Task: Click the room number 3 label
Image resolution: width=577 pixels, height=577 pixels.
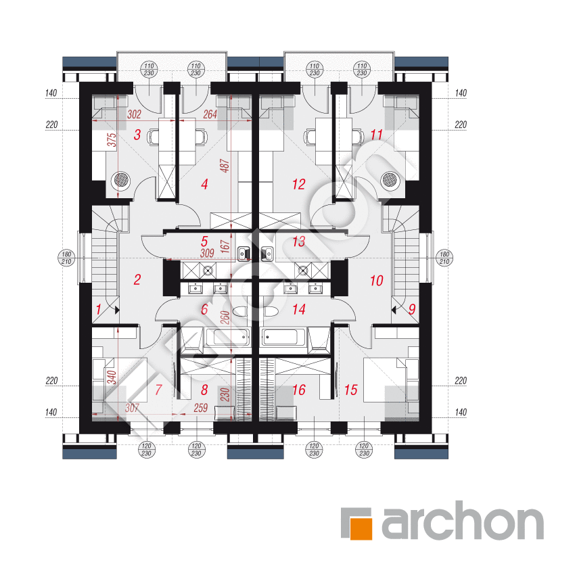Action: (137, 135)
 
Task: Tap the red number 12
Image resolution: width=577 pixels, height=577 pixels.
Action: (299, 184)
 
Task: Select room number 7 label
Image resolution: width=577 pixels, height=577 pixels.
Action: (158, 390)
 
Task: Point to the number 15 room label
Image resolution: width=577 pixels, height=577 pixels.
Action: (350, 390)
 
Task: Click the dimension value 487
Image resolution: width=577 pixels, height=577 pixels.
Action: (225, 166)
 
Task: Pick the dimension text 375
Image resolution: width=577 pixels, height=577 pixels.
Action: (112, 140)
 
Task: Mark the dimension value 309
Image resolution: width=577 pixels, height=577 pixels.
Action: (207, 253)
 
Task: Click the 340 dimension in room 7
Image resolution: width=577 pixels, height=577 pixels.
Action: (112, 377)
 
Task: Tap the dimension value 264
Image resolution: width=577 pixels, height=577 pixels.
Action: (210, 114)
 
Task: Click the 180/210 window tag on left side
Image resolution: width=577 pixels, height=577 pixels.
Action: (66, 258)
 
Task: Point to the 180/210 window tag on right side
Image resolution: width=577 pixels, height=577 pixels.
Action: (444, 258)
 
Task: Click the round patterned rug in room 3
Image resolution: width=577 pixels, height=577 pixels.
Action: (122, 181)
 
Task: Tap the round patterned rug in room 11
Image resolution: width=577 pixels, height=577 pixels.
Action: (390, 181)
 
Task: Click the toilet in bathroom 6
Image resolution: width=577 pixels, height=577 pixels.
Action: (239, 311)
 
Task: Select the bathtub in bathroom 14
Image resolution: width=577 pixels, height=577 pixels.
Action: (283, 337)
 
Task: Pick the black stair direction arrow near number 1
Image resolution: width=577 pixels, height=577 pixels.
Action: (117, 310)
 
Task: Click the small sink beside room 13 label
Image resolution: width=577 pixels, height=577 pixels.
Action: (267, 254)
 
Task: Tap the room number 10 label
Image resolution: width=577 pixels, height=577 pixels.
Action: (377, 281)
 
